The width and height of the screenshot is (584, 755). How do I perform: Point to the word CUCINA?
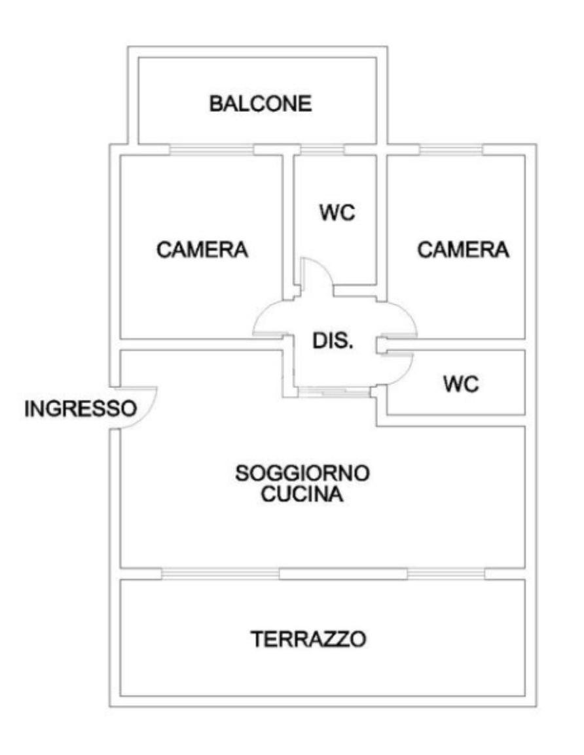(x=302, y=495)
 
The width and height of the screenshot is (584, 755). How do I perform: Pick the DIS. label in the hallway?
(x=332, y=341)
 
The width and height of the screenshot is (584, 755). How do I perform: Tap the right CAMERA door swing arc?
(x=401, y=317)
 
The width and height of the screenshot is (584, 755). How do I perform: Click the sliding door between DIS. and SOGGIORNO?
(x=333, y=392)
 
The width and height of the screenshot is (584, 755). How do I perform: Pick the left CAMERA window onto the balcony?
(x=211, y=150)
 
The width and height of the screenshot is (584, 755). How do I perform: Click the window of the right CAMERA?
(x=450, y=150)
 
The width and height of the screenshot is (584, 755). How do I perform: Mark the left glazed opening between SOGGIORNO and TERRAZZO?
(x=220, y=574)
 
